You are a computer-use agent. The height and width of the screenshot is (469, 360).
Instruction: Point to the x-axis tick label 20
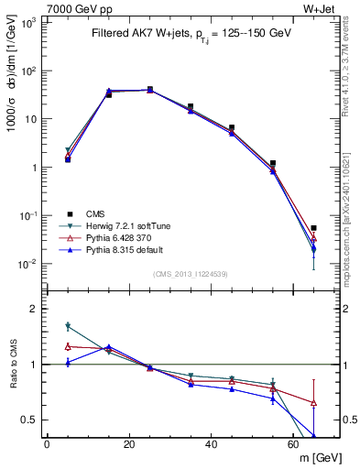click(x=129, y=445)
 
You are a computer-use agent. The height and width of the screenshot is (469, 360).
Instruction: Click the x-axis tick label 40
click(x=212, y=445)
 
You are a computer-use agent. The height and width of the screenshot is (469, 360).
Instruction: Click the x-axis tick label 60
click(x=293, y=445)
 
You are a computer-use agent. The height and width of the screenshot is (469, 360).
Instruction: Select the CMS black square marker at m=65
click(x=314, y=228)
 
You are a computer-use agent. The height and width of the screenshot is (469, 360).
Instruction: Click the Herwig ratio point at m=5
click(x=68, y=325)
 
